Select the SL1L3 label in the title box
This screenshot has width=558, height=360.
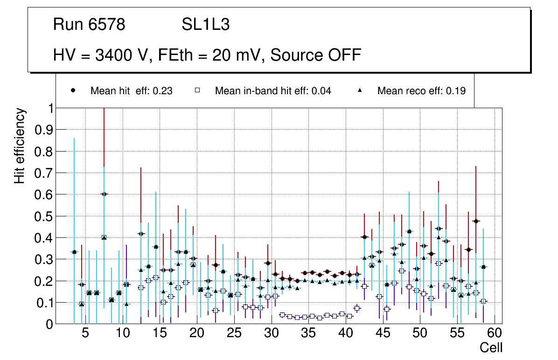[x=205, y=25]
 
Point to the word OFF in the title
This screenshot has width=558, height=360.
[x=345, y=55]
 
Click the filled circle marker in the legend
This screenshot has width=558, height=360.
[x=73, y=90]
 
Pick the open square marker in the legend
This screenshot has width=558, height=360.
[x=197, y=90]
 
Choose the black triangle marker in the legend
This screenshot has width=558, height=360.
[x=360, y=90]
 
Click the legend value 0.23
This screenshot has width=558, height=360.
[x=164, y=91]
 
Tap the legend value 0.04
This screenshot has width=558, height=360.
[x=322, y=91]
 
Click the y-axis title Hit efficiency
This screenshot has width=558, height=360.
[x=20, y=145]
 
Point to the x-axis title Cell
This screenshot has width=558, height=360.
[x=491, y=347]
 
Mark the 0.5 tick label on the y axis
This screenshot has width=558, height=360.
[x=43, y=216]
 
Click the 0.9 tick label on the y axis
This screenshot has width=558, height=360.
[x=43, y=130]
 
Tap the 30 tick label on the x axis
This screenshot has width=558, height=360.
[x=271, y=333]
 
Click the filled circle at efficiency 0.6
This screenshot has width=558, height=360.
[x=104, y=194]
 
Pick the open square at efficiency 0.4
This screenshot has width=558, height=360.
[x=104, y=237]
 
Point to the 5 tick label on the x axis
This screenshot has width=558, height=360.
[x=85, y=333]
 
